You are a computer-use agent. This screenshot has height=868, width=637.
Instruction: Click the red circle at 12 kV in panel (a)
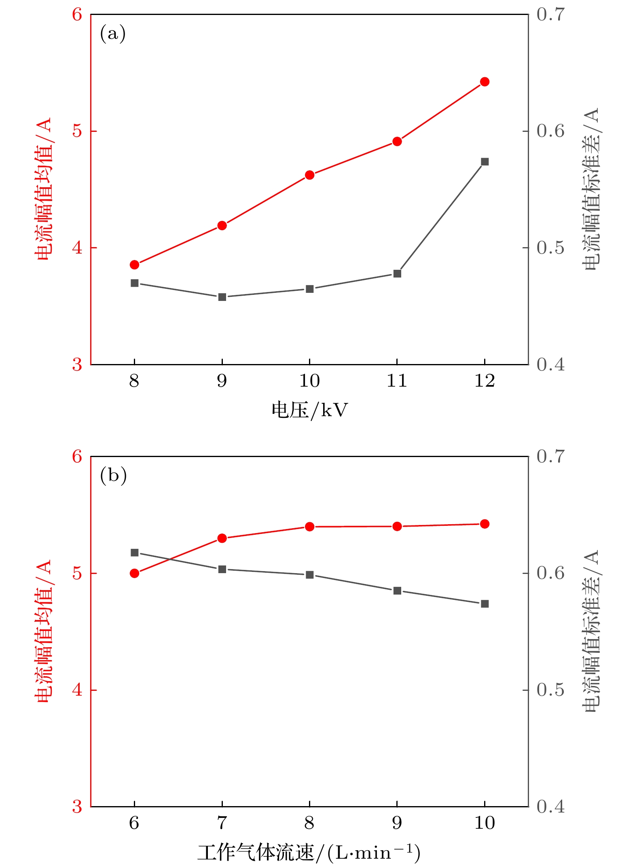coord(485,82)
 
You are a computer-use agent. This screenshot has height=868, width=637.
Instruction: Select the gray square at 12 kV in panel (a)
coord(485,162)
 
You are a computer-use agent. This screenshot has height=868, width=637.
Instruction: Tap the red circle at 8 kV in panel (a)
coord(135,265)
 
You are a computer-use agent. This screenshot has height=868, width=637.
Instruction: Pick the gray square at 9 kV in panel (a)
coord(222,297)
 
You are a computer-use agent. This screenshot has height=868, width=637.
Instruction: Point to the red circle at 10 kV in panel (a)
coord(310,175)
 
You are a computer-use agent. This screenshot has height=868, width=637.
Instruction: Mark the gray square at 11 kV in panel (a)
coord(397,274)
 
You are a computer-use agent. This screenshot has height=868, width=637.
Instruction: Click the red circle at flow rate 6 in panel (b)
coord(135,573)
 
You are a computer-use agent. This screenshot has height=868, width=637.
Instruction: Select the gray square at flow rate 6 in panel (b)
coord(135,553)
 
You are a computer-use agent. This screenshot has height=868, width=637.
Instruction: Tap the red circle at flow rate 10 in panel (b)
coord(485,524)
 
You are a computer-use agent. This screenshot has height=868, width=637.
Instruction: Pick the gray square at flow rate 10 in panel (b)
coord(485,604)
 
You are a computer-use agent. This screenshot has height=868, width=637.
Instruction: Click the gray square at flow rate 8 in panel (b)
coord(310,575)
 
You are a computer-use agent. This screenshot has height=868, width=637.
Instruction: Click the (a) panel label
coord(113,34)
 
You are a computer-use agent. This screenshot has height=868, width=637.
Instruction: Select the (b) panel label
coord(113,475)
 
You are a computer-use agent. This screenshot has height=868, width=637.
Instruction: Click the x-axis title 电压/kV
coord(309,410)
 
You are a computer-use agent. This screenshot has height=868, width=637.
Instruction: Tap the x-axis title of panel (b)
coord(309,853)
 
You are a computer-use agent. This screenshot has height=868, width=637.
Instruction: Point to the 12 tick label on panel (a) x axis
coord(485,381)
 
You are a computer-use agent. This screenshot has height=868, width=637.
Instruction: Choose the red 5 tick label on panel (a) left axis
coord(77,131)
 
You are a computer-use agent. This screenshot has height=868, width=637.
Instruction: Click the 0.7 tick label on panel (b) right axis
coord(550,456)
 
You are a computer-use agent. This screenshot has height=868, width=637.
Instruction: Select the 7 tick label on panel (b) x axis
coord(222,823)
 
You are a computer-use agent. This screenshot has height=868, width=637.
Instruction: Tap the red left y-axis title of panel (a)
coord(43,189)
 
